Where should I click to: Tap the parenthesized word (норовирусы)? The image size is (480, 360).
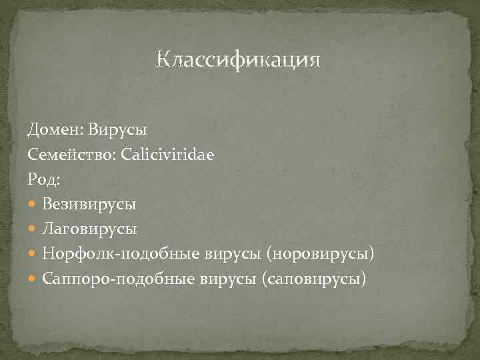coord(320,254)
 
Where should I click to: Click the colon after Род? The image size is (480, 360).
coord(58,179)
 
